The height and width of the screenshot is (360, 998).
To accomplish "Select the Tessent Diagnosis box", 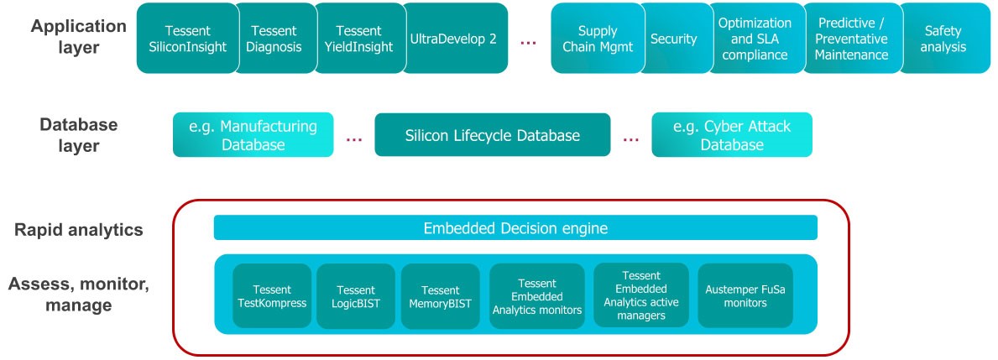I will pyautogui.click(x=274, y=39).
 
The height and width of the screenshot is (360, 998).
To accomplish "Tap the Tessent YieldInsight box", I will pyautogui.click(x=359, y=39).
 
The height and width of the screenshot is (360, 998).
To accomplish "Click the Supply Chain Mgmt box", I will pyautogui.click(x=597, y=39).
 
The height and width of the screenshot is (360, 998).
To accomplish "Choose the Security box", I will pyautogui.click(x=673, y=39).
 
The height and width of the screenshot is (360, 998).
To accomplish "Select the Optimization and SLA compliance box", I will pyautogui.click(x=755, y=39).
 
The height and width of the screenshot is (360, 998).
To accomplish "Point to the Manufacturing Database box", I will pyautogui.click(x=253, y=135).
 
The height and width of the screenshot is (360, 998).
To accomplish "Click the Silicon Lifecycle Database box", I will pyautogui.click(x=492, y=135).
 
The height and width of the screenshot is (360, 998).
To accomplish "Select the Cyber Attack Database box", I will pyautogui.click(x=732, y=135).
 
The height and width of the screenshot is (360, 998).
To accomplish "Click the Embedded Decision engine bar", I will pyautogui.click(x=515, y=228).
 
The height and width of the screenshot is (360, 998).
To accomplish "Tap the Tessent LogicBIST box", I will pyautogui.click(x=355, y=295).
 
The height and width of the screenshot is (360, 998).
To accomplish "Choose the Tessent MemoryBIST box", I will pyautogui.click(x=440, y=295).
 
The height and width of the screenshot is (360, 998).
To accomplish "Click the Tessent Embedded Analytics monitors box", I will pyautogui.click(x=537, y=295).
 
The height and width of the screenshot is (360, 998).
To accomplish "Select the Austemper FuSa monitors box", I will pyautogui.click(x=745, y=295).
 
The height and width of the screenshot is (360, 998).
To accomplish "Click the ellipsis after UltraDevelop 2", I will pyautogui.click(x=528, y=40).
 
